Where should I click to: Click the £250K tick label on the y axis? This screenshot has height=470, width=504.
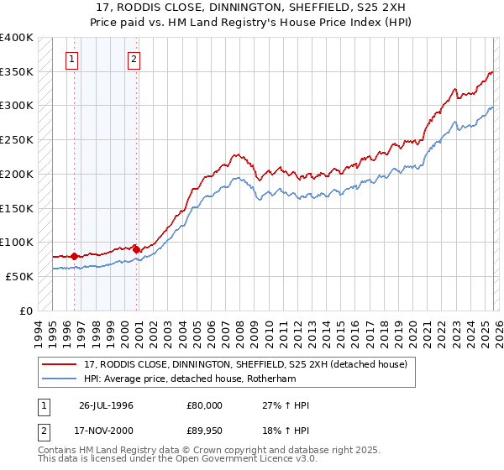(x=17, y=140)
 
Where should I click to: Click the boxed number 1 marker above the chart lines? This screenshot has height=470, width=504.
(x=73, y=59)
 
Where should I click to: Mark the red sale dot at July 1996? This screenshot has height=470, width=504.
(x=74, y=256)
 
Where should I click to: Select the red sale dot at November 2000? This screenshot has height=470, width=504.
(x=137, y=249)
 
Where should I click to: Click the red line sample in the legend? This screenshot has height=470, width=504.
(x=60, y=364)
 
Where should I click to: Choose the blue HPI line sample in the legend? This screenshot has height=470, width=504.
(x=60, y=379)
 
